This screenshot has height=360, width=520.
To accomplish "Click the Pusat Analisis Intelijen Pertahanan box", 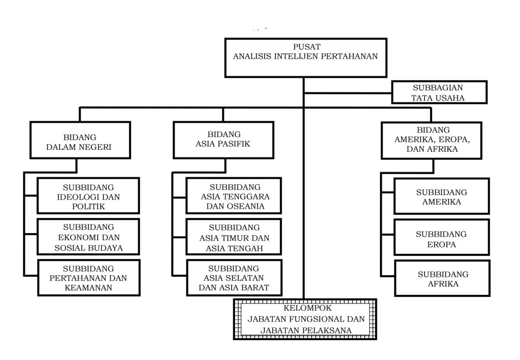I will click(306, 58).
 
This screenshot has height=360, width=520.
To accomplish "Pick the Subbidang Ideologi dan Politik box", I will click(88, 196).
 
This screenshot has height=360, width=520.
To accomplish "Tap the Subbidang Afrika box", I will click(441, 279).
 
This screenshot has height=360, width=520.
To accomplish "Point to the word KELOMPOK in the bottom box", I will click(305, 308).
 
